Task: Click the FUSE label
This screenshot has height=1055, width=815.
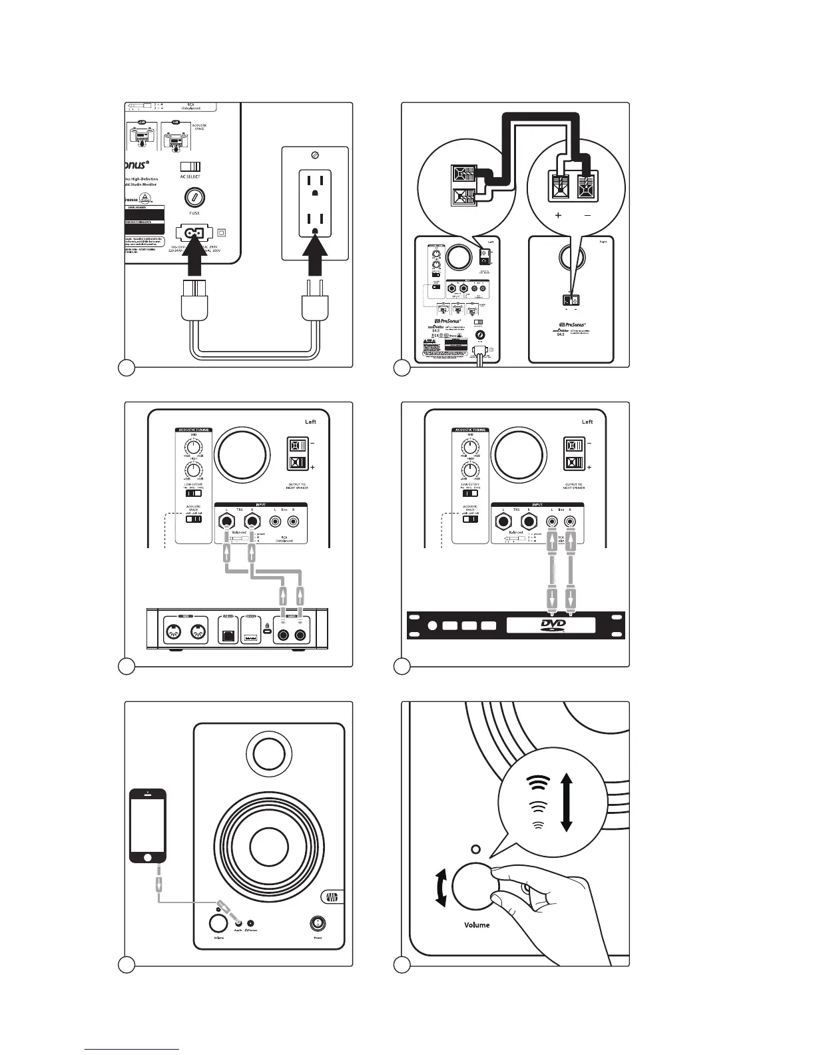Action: tap(194, 213)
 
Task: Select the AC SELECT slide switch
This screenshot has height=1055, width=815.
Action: tap(190, 167)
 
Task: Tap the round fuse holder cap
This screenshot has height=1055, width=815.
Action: tap(194, 197)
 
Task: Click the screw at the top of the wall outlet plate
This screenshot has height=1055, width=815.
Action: tap(315, 155)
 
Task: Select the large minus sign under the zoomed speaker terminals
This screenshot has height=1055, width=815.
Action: tap(587, 215)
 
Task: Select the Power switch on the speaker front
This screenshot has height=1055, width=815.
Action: tap(318, 924)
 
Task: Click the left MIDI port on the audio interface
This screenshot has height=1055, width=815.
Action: tap(175, 633)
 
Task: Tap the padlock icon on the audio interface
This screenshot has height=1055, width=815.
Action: tap(267, 627)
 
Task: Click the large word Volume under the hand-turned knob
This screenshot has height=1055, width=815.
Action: tap(477, 925)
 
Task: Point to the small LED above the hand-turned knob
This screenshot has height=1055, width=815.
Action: tap(475, 849)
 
